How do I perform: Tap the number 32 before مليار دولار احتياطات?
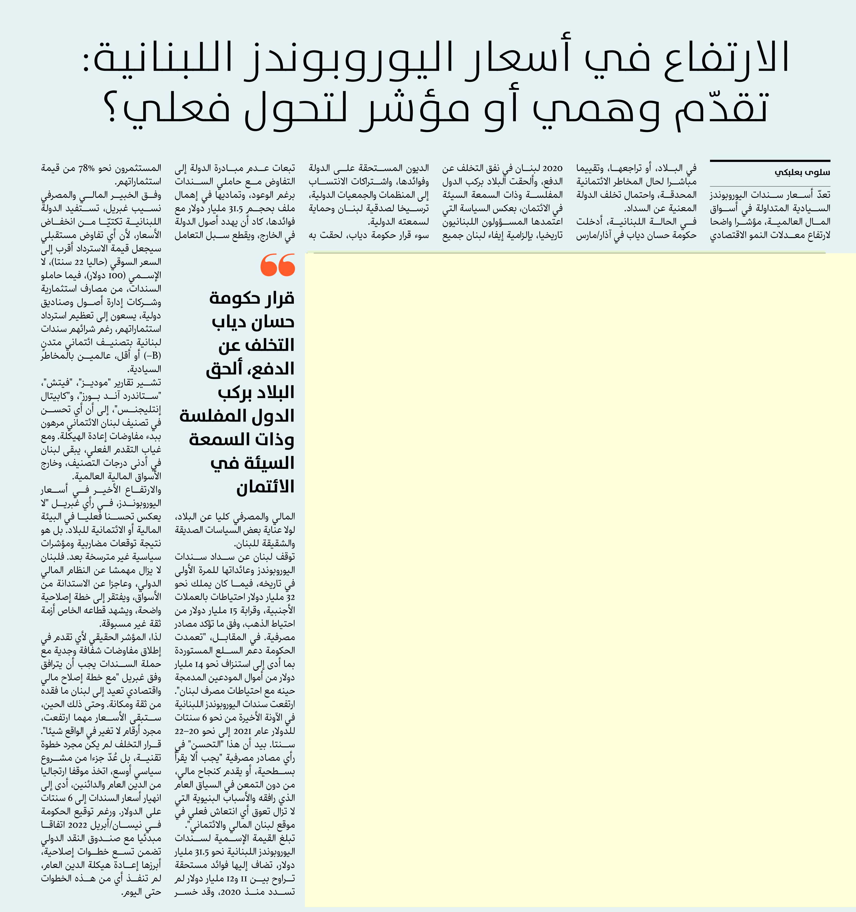290,597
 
